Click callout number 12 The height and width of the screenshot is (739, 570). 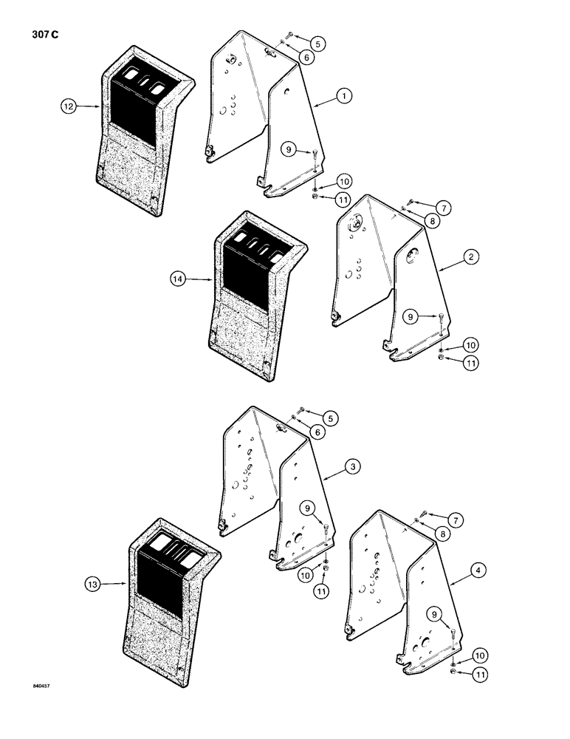point(69,107)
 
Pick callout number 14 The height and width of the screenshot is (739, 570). point(179,279)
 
